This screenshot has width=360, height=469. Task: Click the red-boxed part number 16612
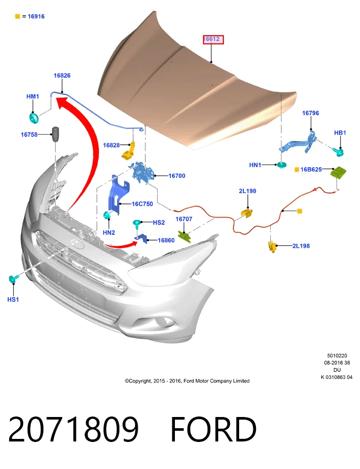(x=213, y=39)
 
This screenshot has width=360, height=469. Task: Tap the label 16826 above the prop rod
(x=62, y=75)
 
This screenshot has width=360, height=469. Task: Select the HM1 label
(x=33, y=96)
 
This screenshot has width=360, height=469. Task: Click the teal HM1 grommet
(x=34, y=118)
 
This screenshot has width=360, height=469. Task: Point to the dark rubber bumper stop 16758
(x=56, y=134)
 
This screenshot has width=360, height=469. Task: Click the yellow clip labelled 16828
(x=128, y=150)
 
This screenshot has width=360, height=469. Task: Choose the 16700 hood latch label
(x=177, y=176)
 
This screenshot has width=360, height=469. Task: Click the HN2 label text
(x=109, y=232)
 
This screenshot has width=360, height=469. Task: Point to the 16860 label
(x=166, y=240)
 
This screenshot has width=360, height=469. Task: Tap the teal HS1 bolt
(x=14, y=279)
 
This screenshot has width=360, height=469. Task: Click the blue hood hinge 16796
(x=299, y=143)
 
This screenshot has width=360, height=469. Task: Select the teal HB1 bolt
(x=339, y=152)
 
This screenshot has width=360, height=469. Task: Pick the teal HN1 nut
(x=280, y=165)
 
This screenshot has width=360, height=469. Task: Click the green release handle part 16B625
(x=338, y=173)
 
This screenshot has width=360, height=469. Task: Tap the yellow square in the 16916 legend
(x=17, y=16)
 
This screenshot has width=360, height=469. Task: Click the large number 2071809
(x=73, y=429)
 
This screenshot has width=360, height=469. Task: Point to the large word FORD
(x=213, y=429)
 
